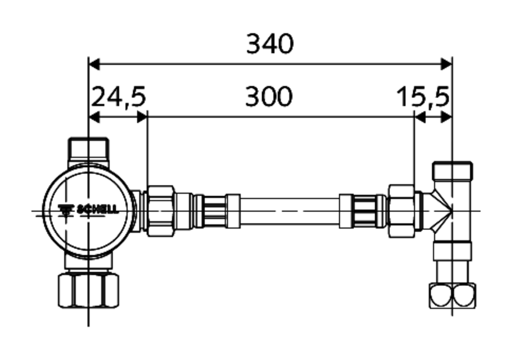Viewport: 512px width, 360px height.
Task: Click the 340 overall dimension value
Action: coord(270,44)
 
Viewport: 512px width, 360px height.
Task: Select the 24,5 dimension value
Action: coord(118,97)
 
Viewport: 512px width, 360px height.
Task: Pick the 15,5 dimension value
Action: coord(423,97)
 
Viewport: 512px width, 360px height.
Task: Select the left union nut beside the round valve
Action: coord(161,210)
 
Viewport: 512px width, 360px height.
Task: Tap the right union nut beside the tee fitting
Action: coord(402,210)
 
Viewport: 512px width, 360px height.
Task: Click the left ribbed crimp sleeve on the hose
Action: coord(212,210)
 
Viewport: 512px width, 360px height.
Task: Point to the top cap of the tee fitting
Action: coord(453,170)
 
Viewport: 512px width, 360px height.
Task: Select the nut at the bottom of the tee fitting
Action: coord(453,295)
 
